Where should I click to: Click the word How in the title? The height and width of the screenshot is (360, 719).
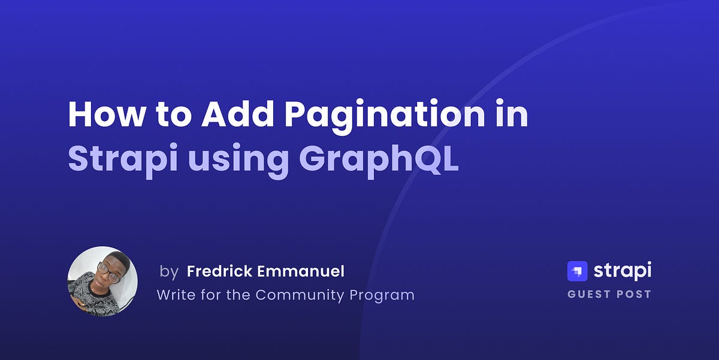pyautogui.click(x=105, y=114)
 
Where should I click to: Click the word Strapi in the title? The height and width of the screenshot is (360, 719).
pyautogui.click(x=120, y=159)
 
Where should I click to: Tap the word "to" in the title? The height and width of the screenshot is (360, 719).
pyautogui.click(x=173, y=115)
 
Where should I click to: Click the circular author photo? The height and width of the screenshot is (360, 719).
pyautogui.click(x=102, y=282)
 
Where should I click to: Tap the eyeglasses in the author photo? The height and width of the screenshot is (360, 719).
pyautogui.click(x=108, y=272)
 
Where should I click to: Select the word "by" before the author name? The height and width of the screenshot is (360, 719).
pyautogui.click(x=169, y=272)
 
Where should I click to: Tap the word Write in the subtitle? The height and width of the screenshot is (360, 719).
pyautogui.click(x=175, y=295)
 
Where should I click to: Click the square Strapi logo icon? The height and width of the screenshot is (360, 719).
pyautogui.click(x=577, y=271)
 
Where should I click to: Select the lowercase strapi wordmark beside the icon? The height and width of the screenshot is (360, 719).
pyautogui.click(x=622, y=271)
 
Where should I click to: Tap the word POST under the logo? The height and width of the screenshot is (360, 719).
pyautogui.click(x=635, y=294)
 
